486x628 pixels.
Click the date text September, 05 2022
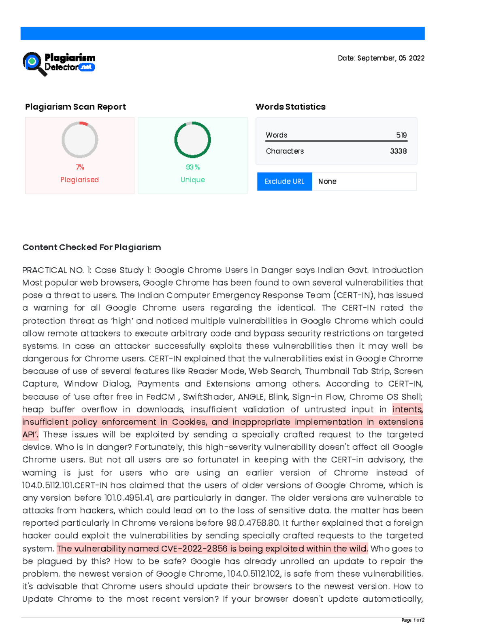point(381,58)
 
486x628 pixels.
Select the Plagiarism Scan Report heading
point(75,107)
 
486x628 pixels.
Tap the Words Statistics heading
point(290,107)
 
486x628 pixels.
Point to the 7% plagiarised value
point(80,167)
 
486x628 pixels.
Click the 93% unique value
point(193,167)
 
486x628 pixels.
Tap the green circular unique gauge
point(192,140)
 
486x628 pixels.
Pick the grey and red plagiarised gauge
point(80,140)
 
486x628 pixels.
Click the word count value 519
point(401,135)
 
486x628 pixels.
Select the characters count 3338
point(398,151)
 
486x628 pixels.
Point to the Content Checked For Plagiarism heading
point(92,247)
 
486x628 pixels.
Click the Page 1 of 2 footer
point(413,620)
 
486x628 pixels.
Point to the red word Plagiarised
point(80,180)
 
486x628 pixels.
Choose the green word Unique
point(193,180)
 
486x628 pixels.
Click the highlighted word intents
point(407,410)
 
